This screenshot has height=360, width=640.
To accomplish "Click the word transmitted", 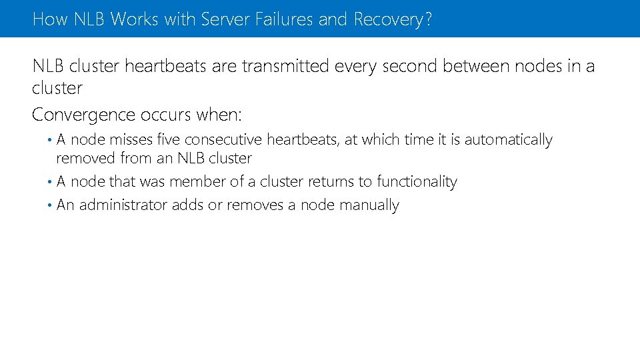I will pos(286,67).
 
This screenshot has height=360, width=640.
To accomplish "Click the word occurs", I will pos(166,115).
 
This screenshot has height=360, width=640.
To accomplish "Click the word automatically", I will pos(509,141).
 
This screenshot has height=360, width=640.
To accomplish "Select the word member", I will pos(199,182).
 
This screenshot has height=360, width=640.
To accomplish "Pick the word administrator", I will pos(124,205).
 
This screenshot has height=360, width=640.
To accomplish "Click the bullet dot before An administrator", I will pos(51,205).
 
